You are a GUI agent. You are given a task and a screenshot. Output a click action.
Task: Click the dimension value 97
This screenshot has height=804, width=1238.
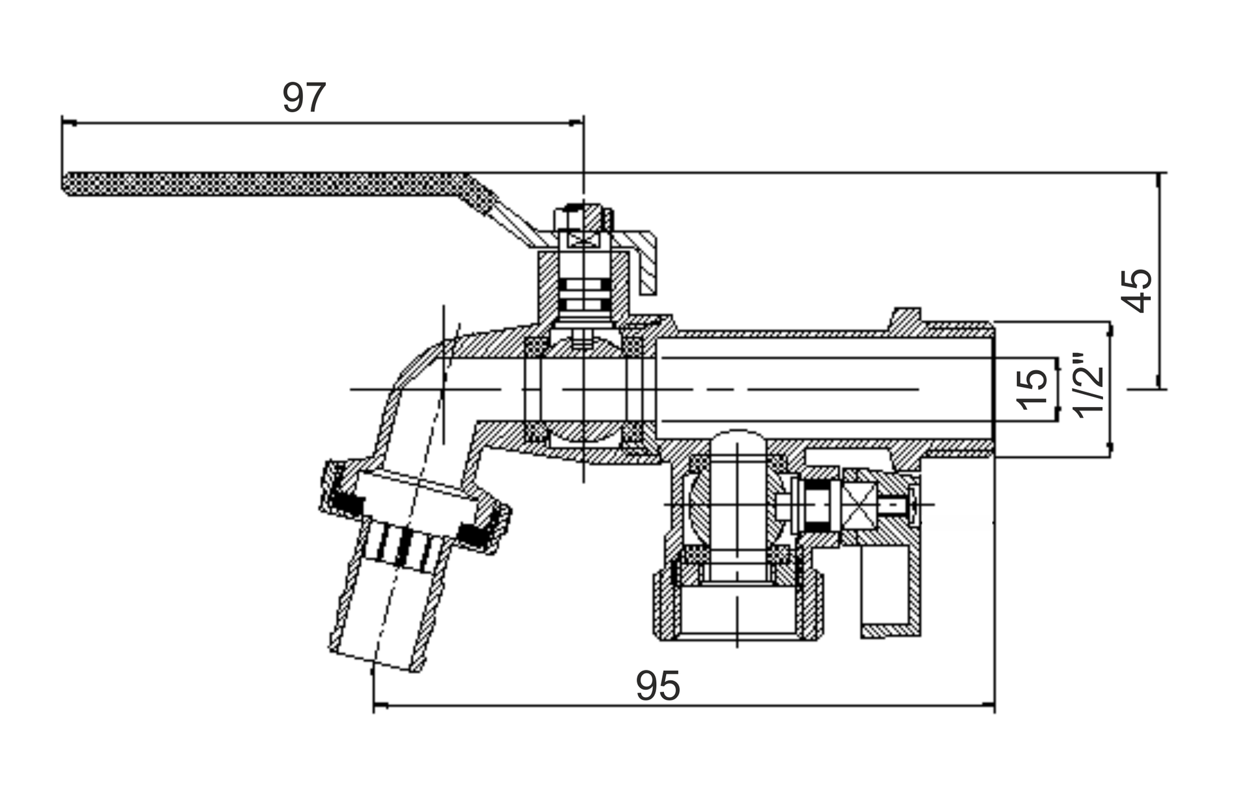pos(304,98)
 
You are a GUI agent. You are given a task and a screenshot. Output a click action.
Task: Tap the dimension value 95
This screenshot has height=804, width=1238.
pos(658,686)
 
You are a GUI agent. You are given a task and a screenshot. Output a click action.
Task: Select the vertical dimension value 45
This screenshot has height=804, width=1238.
pos(1137,291)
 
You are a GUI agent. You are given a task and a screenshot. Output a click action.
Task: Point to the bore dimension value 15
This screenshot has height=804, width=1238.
pos(1033,389)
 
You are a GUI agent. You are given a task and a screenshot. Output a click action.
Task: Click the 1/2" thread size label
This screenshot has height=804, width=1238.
pos(1089,386)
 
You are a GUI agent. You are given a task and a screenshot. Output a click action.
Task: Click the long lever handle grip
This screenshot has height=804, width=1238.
pos(274,184)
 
